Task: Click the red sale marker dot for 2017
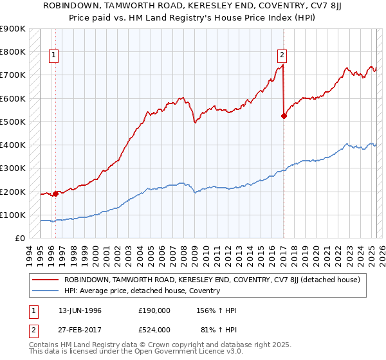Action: click(284, 116)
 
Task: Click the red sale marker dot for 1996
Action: click(55, 193)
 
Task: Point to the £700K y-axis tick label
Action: click(12, 75)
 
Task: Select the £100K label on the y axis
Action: click(12, 215)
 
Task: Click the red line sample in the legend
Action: click(46, 280)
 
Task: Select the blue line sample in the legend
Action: click(46, 291)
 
